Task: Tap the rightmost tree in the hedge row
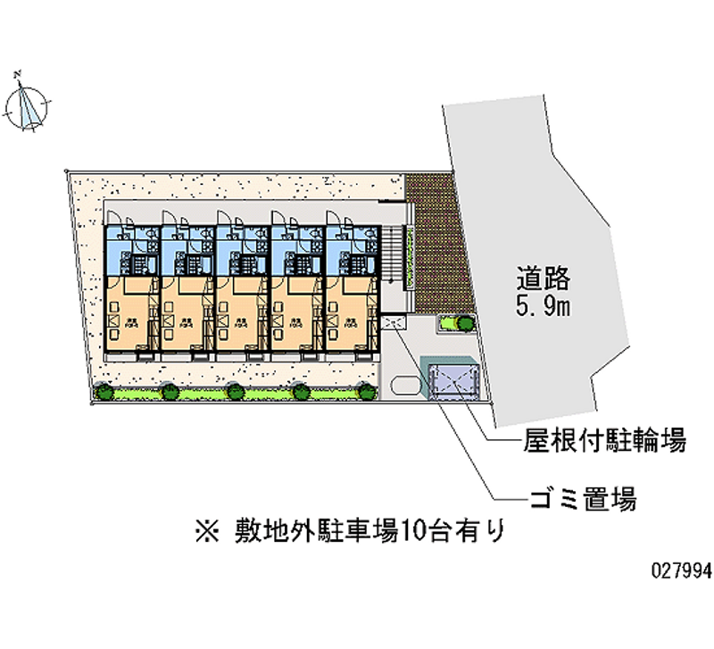coord(365,389)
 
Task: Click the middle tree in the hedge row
coord(235,390)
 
